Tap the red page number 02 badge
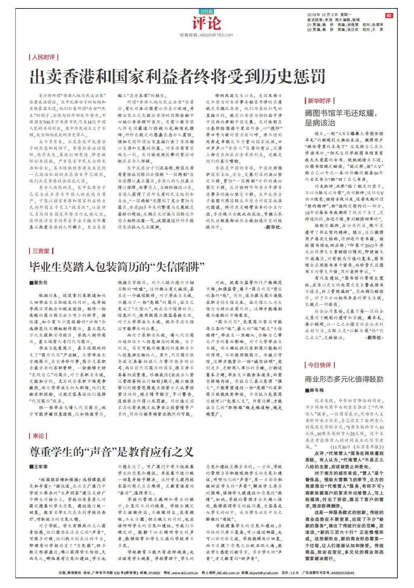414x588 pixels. tap(389, 15)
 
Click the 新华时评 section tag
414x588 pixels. tap(319, 101)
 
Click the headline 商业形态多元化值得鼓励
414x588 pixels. tap(344, 379)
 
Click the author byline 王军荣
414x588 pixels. tap(39, 467)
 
